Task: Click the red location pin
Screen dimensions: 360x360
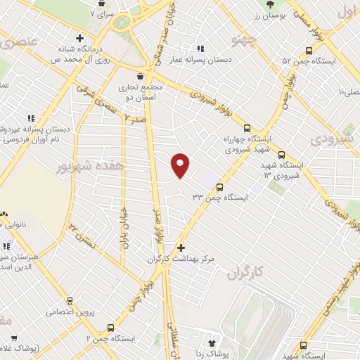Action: point(181,165)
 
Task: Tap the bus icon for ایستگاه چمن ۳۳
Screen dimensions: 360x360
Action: point(220,187)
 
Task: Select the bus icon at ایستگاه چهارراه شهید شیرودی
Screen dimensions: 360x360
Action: point(246,128)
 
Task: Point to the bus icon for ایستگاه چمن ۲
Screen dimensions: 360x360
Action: point(110,327)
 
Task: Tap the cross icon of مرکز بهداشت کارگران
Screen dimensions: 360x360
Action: point(181,247)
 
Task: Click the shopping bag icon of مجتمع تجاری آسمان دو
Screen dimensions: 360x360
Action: point(141,76)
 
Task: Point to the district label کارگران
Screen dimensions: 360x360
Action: point(249,274)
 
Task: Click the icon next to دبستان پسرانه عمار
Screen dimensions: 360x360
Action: point(200,49)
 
